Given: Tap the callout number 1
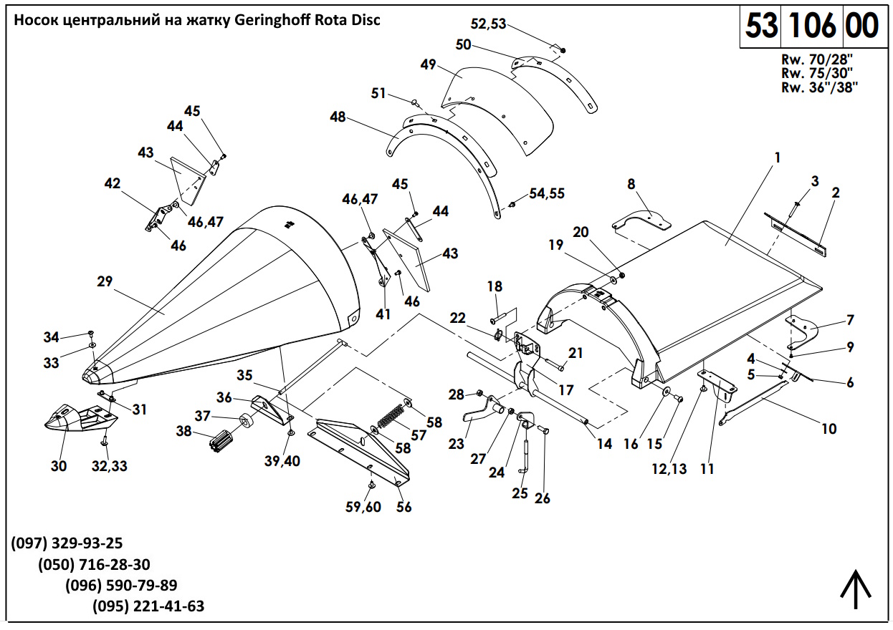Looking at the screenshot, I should pos(777,156).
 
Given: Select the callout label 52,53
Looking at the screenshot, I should pos(488,24).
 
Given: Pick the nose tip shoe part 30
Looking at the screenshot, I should pos(75,419).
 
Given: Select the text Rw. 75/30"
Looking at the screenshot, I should pos(820,73).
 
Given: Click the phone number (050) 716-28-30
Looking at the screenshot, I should pos(94,564).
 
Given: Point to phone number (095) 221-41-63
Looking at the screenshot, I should pos(148,606).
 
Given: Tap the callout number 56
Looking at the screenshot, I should pos(404,507).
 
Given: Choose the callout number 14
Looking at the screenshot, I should pos(604,444).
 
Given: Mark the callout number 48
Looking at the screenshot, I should pos(339,116).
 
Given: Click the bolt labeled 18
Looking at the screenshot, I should pos(502,315).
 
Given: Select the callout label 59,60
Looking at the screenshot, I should pos(363,507).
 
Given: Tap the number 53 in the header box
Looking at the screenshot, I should pos(761,26).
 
